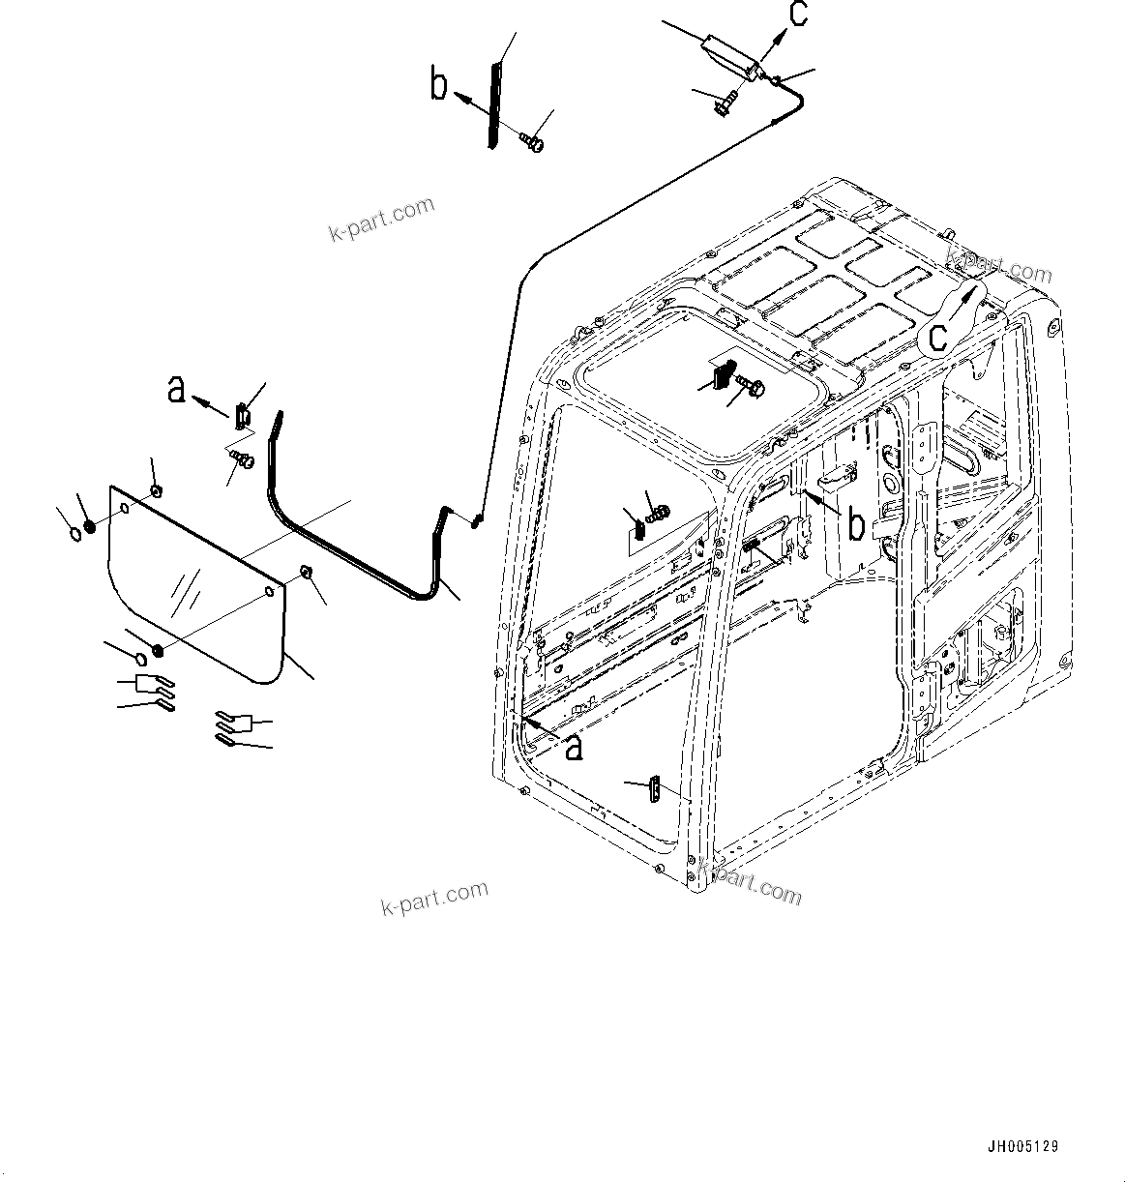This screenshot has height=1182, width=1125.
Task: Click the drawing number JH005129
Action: click(x=1022, y=1147)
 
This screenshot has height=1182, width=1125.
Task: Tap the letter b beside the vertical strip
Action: click(x=438, y=85)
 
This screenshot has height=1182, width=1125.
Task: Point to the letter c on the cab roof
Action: click(x=937, y=336)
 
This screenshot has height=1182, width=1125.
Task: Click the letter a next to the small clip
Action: click(x=176, y=389)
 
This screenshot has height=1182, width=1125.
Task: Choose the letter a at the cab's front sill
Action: click(x=574, y=746)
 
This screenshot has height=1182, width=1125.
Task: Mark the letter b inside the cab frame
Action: click(x=856, y=524)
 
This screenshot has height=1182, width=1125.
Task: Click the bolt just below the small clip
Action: click(x=243, y=459)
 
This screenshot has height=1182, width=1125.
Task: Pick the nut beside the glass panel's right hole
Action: click(x=305, y=573)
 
